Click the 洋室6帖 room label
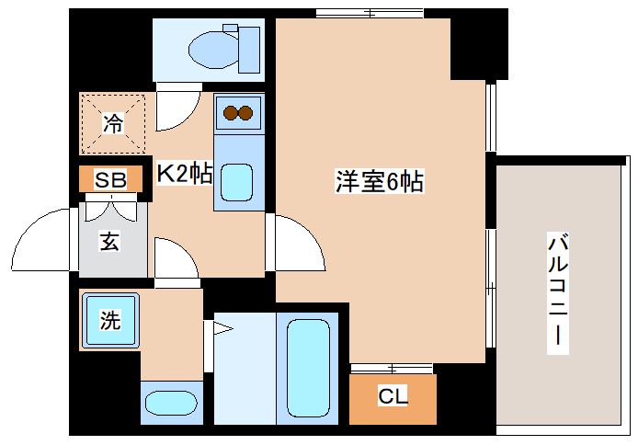tap(378, 182)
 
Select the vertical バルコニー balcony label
tap(557, 293)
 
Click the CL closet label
tap(392, 397)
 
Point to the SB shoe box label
tap(110, 179)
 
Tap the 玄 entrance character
tap(110, 243)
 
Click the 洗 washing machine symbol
tap(109, 321)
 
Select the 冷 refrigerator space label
tap(112, 122)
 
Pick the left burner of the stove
tap(230, 113)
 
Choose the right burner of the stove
tap(246, 113)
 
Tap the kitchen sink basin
tap(238, 181)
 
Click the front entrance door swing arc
tap(41, 241)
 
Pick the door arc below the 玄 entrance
tap(176, 257)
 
